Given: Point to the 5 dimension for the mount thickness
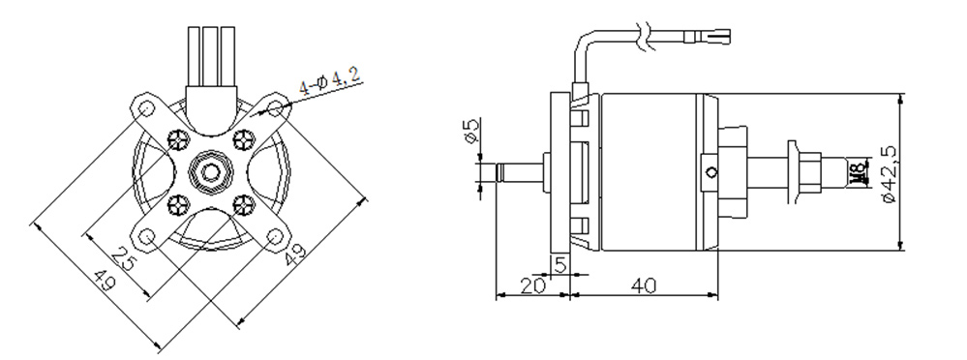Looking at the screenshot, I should click(x=560, y=263).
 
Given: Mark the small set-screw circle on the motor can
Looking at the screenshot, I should click(x=713, y=173).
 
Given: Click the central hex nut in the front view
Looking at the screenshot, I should click(x=211, y=171).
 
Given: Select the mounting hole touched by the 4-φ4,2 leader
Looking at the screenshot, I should click(x=275, y=105).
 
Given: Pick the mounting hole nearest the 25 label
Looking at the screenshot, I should click(x=147, y=236).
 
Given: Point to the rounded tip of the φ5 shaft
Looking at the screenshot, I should click(x=500, y=173).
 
